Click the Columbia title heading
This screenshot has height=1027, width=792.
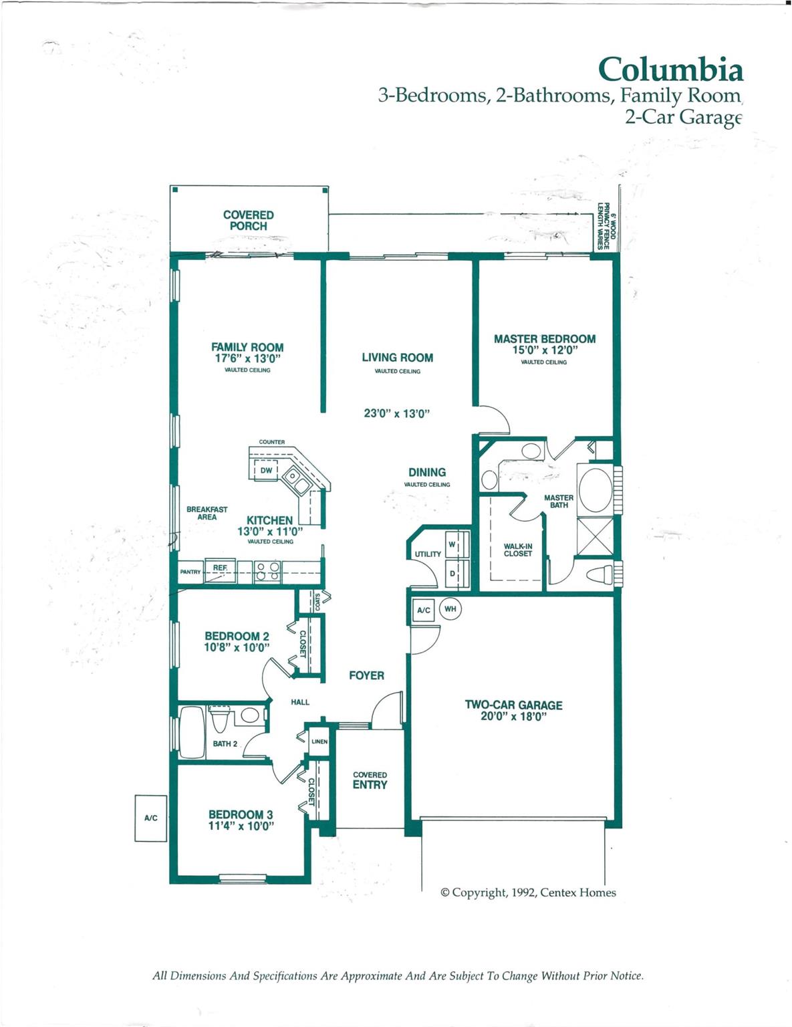[x=670, y=70]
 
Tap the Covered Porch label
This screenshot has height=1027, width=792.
[x=249, y=221]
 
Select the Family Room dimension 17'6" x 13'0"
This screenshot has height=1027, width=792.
[x=248, y=358]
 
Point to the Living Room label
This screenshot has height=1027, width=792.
[x=398, y=358]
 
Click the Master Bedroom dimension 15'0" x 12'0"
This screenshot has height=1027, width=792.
[x=545, y=350]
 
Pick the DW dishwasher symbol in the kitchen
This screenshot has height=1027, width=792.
[x=266, y=470]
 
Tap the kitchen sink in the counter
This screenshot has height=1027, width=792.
[x=297, y=480]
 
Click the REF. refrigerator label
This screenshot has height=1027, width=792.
[x=220, y=568]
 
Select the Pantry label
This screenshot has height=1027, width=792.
[x=190, y=572]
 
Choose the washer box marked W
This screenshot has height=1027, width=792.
[x=456, y=544]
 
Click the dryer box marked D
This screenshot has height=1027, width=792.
[x=456, y=574]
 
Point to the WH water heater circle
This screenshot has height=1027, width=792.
[x=450, y=609]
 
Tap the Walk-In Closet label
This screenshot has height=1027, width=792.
[x=518, y=550]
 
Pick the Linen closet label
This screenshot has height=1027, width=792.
[x=319, y=741]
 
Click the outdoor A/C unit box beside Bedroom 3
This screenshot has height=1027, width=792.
[x=150, y=818]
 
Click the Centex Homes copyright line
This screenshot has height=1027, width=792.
[x=528, y=893]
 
